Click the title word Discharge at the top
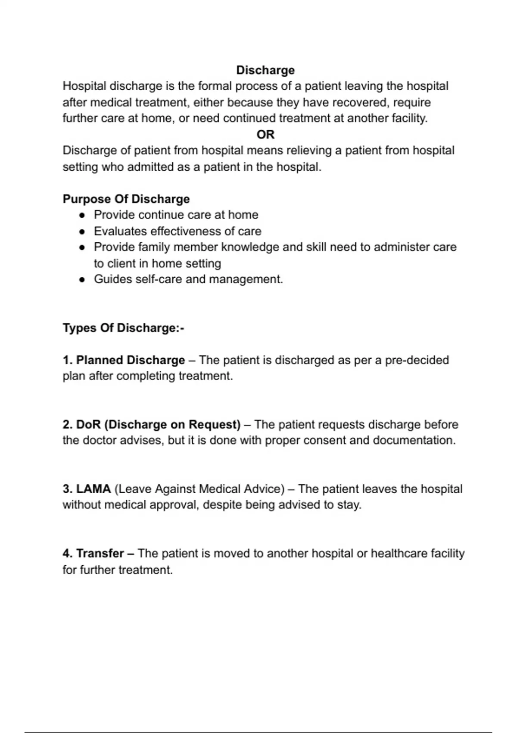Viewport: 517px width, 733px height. coord(265,70)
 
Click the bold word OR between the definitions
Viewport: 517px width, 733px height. coord(265,135)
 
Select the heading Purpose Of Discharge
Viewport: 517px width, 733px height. coord(126,199)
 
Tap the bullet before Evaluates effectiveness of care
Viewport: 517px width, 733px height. coord(82,232)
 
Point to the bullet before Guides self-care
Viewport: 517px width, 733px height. coord(82,280)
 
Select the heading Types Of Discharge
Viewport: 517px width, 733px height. coord(123,328)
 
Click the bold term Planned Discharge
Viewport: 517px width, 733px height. coord(130,360)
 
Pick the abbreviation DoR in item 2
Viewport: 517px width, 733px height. coord(88,424)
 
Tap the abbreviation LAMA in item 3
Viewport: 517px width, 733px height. coord(93,489)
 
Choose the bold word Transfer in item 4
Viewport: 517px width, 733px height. coord(100,553)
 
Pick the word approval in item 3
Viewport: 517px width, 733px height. coord(174,504)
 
